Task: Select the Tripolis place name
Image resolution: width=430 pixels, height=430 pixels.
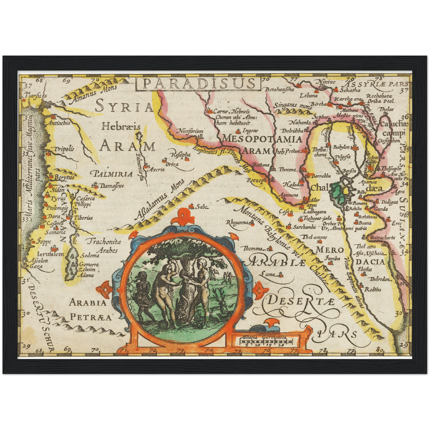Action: (x=64, y=149)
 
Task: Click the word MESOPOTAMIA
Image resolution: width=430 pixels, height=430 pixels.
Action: (x=262, y=139)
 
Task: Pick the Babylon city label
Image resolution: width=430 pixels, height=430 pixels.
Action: (x=341, y=147)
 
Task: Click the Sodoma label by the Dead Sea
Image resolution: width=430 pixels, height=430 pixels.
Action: (x=90, y=255)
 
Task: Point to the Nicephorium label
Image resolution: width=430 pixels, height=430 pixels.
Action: (x=191, y=131)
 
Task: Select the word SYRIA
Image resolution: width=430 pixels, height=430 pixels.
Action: (x=124, y=107)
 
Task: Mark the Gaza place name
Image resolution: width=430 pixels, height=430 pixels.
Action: (x=36, y=266)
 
